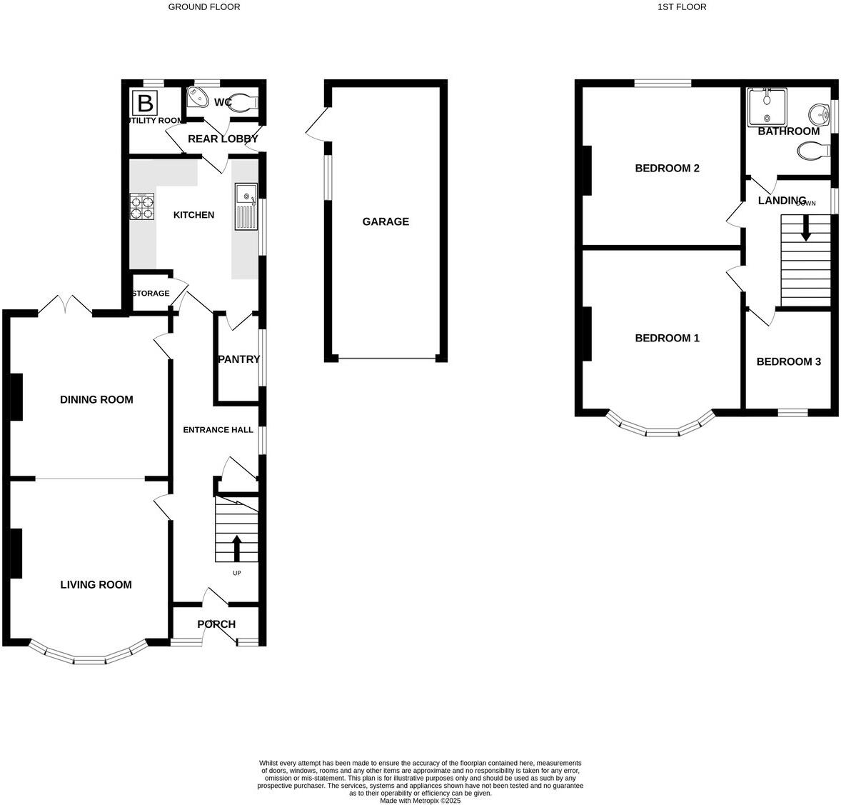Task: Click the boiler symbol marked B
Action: click(146, 104)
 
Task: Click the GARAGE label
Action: click(386, 221)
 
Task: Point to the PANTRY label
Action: click(238, 359)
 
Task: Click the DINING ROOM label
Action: click(96, 399)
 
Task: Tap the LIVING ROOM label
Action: click(96, 584)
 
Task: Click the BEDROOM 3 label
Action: click(788, 361)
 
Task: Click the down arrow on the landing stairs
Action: click(805, 230)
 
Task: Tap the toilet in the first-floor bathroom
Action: click(813, 151)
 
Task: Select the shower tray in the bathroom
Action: click(767, 107)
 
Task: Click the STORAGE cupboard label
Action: click(151, 294)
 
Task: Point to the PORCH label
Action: click(216, 624)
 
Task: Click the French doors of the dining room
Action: click(65, 306)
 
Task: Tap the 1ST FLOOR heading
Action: click(682, 7)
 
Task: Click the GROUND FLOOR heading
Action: click(204, 7)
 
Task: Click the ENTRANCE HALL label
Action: click(218, 430)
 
